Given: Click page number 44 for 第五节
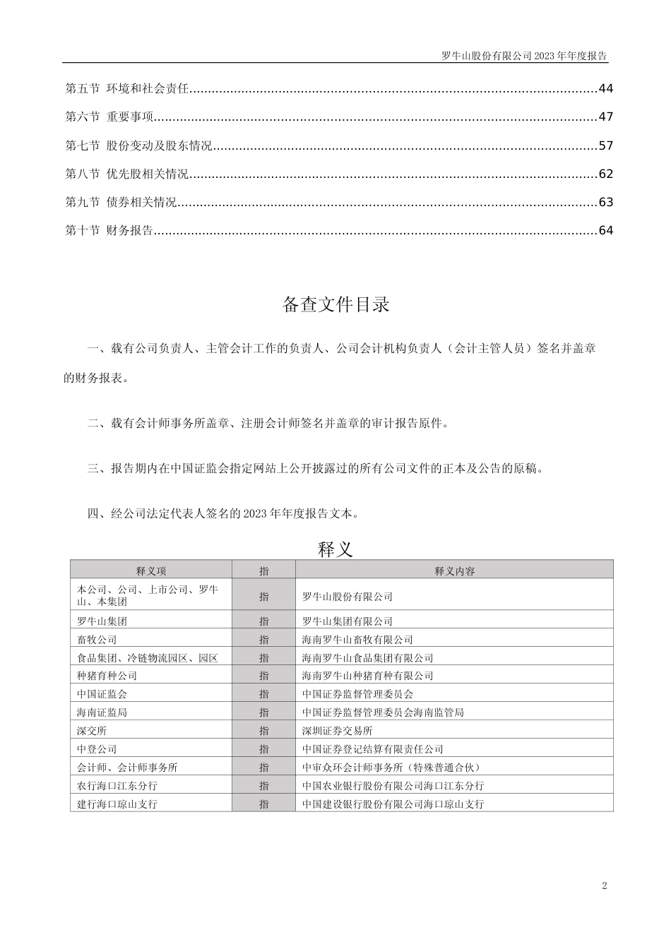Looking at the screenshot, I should [605, 89].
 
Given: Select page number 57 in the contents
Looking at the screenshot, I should [605, 146].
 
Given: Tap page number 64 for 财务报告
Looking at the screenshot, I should [605, 231].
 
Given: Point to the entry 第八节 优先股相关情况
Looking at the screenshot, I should [127, 174].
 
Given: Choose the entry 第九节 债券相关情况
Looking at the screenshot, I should [121, 203].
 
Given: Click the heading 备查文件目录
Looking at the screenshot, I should [335, 305].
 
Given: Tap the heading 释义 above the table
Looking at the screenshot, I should [335, 549].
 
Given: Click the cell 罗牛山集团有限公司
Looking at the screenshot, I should [347, 621].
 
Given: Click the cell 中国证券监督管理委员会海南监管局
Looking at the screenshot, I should [383, 712].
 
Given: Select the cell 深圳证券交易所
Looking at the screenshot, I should [337, 731].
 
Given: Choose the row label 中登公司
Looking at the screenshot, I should [97, 749].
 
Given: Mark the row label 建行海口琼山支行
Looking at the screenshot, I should [117, 804].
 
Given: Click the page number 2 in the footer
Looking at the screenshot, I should [604, 886].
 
